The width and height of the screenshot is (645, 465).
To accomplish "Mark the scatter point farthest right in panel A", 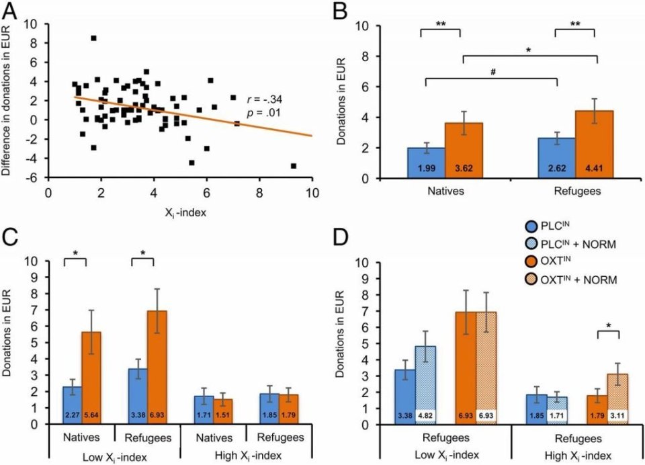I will (x=293, y=165).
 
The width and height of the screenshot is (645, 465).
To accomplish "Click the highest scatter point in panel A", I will (x=93, y=38).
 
